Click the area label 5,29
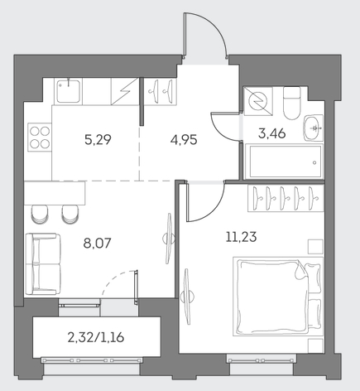click(x=98, y=140)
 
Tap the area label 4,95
click(x=184, y=140)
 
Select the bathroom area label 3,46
click(x=272, y=133)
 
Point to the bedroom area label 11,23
click(x=241, y=237)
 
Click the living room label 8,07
click(x=97, y=244)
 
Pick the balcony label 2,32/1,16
click(x=96, y=337)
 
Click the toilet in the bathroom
click(x=291, y=103)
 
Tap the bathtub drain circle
click(x=314, y=163)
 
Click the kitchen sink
click(x=68, y=90)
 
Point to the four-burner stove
click(x=40, y=138)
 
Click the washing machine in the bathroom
click(x=258, y=100)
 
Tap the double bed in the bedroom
click(x=278, y=297)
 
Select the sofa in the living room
click(x=43, y=264)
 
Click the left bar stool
click(x=40, y=214)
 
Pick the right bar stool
click(x=70, y=214)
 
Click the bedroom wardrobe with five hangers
click(x=286, y=198)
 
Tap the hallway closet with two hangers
click(x=160, y=91)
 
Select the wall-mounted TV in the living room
click(x=168, y=239)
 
